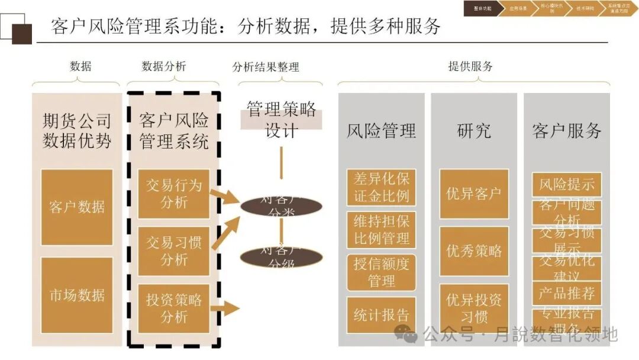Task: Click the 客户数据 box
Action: [77, 207]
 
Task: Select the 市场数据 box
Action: [77, 295]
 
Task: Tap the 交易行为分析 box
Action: [173, 194]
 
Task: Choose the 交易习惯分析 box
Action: [173, 251]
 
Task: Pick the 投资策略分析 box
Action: [173, 308]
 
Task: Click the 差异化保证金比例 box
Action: [381, 187]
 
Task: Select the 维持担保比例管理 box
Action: [381, 230]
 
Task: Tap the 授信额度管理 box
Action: [381, 272]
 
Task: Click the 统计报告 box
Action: [381, 315]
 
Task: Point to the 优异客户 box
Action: [474, 194]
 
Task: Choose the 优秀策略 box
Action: [474, 251]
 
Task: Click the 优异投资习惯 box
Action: [474, 308]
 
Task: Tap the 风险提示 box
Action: [567, 184]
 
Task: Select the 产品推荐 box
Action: [567, 293]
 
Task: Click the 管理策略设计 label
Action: [281, 119]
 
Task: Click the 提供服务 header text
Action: [470, 66]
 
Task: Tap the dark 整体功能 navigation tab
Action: [482, 9]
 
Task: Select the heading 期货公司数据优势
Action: [77, 131]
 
